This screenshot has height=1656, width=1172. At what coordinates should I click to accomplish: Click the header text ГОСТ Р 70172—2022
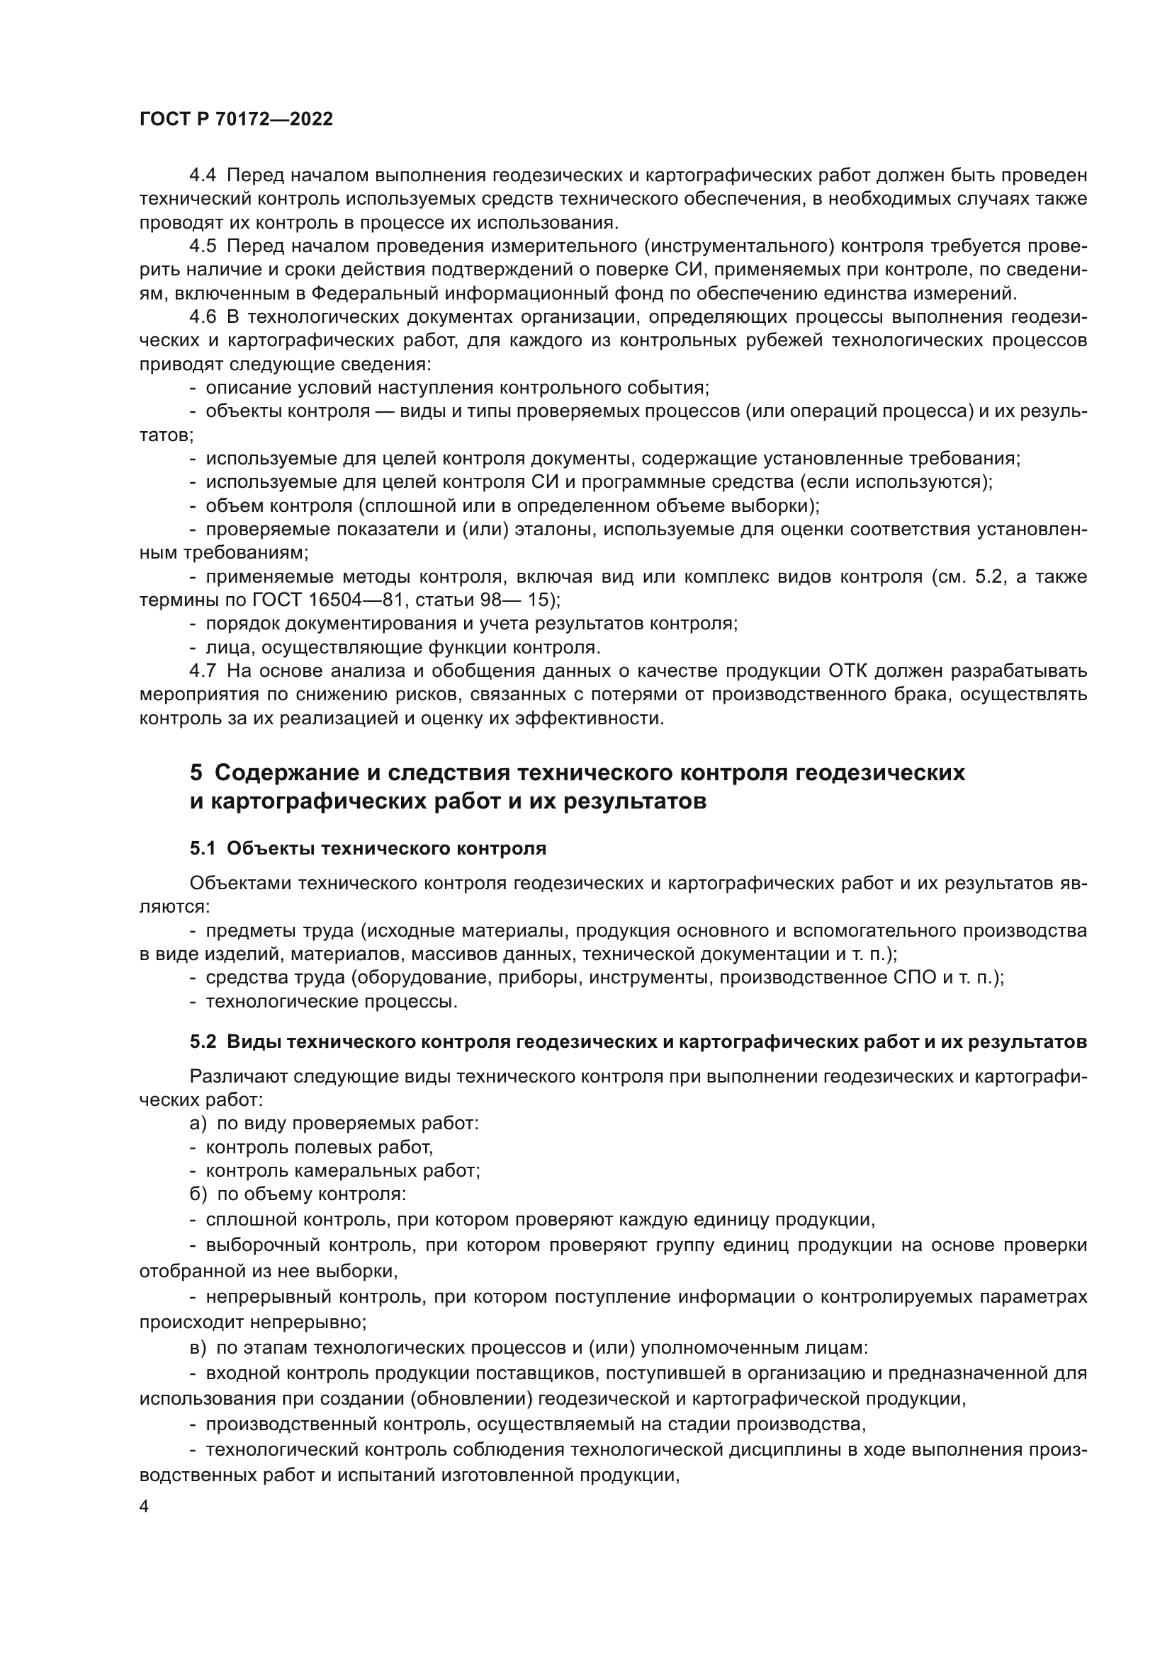tap(236, 120)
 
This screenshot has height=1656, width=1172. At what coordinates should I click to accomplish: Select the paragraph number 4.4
tap(203, 176)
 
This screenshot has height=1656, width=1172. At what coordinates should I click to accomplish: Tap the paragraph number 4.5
tap(203, 246)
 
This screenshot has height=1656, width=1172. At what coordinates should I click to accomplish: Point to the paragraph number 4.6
tap(203, 317)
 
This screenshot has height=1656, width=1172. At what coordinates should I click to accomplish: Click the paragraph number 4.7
tap(203, 670)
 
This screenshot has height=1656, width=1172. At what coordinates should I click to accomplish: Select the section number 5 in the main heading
tap(196, 772)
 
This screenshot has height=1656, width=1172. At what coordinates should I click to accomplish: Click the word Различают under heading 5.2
tap(237, 1077)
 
